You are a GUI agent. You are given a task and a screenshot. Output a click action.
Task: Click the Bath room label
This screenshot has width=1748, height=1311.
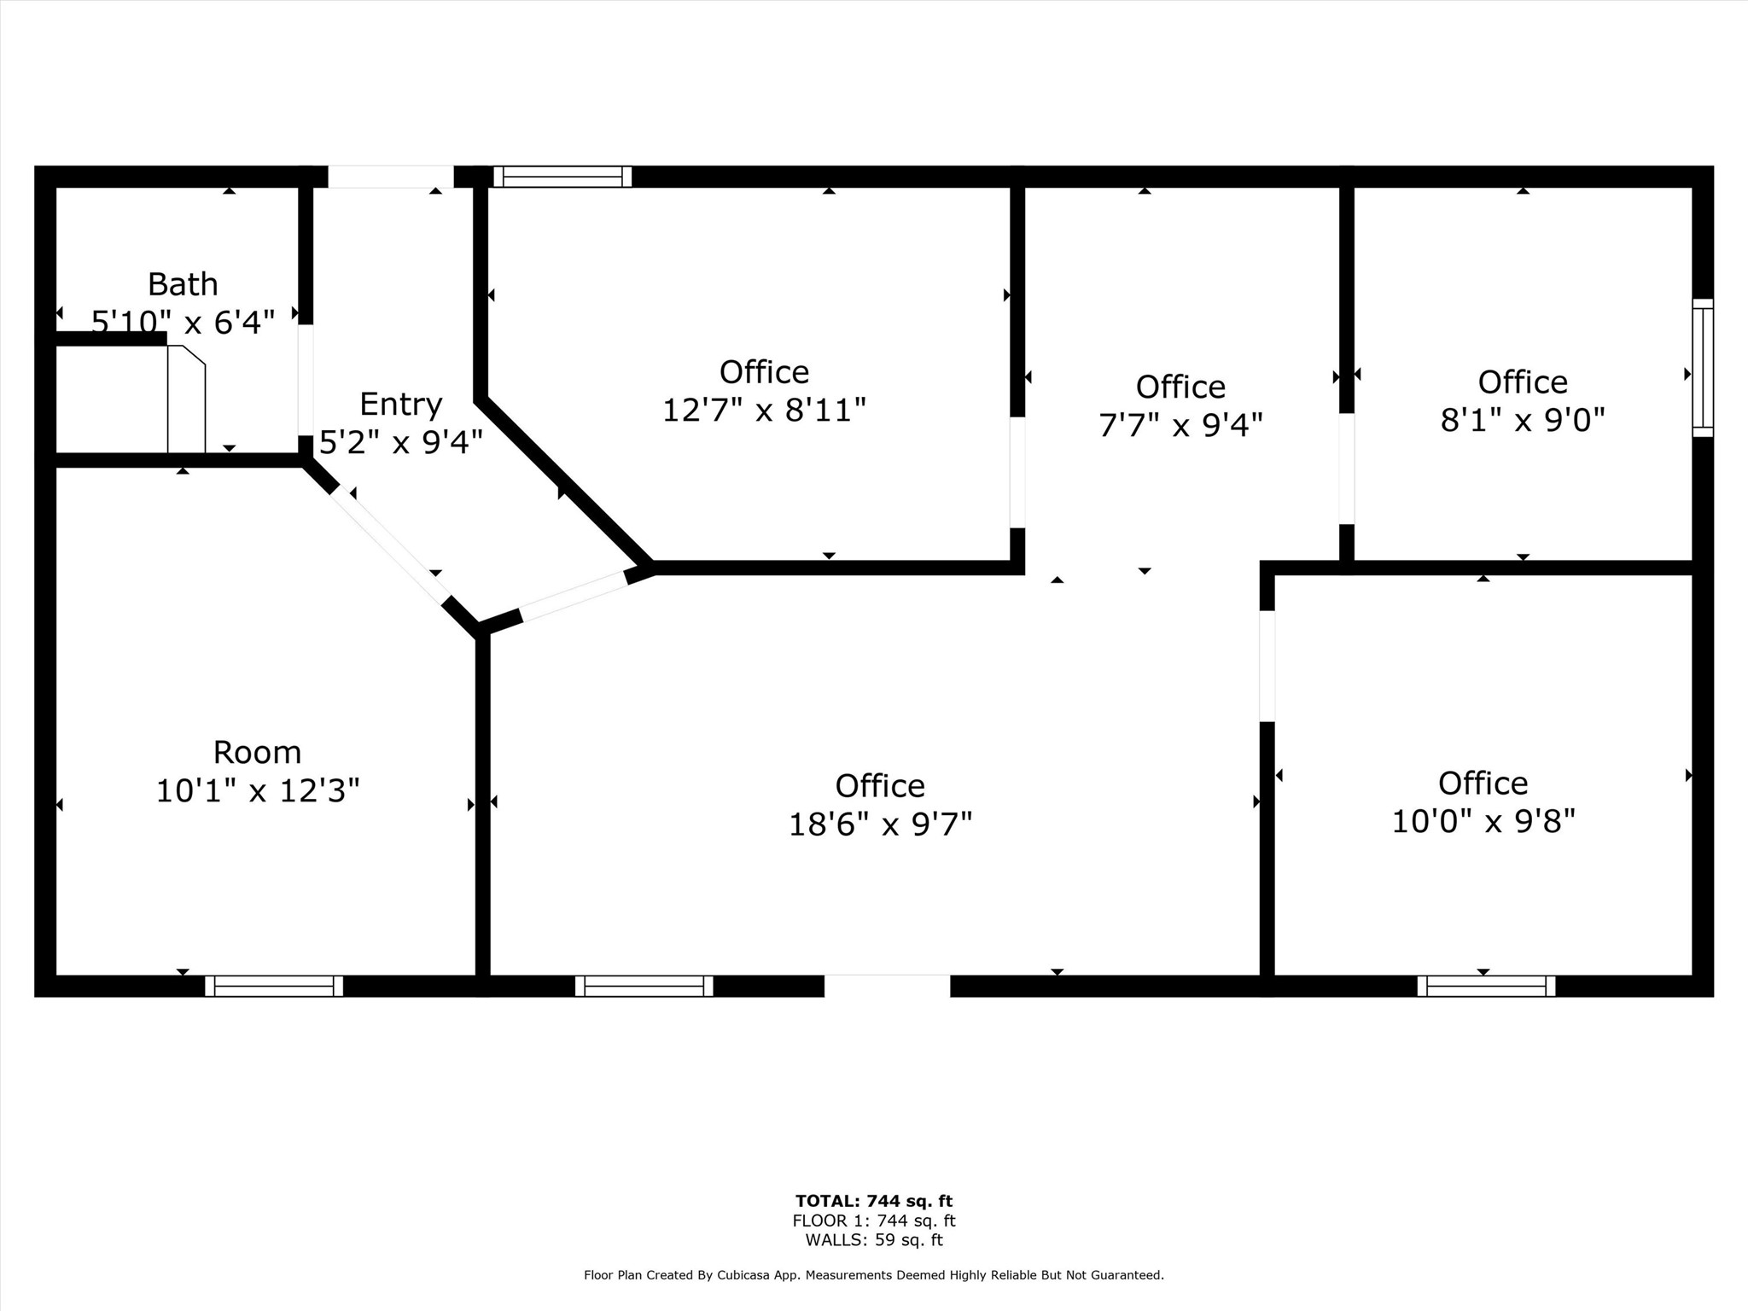coord(183,284)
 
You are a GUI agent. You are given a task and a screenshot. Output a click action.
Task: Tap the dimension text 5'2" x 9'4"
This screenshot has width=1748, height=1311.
coord(400,442)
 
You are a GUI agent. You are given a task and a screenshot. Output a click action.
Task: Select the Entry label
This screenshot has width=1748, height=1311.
coord(400,404)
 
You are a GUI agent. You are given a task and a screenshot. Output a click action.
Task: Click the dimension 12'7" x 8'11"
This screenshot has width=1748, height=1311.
coord(764,411)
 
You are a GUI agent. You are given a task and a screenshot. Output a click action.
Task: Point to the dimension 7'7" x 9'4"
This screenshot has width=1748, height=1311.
coord(1180,425)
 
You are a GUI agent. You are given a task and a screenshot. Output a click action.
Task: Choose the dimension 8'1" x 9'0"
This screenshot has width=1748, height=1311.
coord(1523,420)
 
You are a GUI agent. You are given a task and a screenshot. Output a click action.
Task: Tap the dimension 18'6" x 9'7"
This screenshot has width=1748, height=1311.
coord(880,824)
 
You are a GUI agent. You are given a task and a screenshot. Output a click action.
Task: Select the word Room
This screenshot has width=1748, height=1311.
coord(257,753)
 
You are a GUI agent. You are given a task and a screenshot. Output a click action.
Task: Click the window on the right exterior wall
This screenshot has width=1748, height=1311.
coord(1703,368)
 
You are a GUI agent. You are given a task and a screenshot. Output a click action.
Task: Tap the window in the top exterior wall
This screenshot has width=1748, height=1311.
coord(562,177)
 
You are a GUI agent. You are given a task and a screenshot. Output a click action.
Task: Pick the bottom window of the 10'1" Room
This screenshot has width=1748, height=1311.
coord(274,986)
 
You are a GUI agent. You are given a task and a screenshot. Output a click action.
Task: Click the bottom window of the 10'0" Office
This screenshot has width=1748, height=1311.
coord(1486,986)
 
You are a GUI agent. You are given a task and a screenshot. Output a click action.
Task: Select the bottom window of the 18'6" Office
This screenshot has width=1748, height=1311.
coord(644,986)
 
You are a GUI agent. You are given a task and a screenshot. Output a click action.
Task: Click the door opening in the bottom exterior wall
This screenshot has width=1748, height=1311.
coord(887,986)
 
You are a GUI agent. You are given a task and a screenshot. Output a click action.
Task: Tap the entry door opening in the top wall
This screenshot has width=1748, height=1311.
coord(391,177)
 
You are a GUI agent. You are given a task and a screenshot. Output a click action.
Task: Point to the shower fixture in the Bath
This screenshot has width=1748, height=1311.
coord(186,399)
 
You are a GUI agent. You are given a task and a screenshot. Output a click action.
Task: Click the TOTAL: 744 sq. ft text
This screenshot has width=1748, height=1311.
coord(873,1202)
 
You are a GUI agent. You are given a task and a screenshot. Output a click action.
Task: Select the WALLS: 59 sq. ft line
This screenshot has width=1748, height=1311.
coord(873,1240)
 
